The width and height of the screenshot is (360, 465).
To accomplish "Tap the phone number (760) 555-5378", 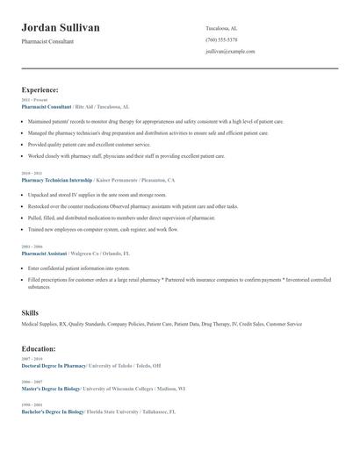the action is point(221,39).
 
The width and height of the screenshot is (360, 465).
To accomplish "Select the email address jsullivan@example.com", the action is point(230,51).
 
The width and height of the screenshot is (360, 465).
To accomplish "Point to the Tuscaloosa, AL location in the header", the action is point(221,28).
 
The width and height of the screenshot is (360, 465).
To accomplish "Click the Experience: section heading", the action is point(40,89).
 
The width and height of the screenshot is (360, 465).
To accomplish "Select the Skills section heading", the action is point(30,312).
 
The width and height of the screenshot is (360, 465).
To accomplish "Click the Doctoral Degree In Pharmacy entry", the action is point(54,365).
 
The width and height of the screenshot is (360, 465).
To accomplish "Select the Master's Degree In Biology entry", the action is point(51,388).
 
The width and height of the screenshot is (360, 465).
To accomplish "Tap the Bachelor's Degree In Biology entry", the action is point(52,411).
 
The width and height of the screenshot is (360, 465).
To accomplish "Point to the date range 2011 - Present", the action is point(33,100).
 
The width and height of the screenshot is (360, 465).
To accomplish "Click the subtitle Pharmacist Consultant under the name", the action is point(47,41).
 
